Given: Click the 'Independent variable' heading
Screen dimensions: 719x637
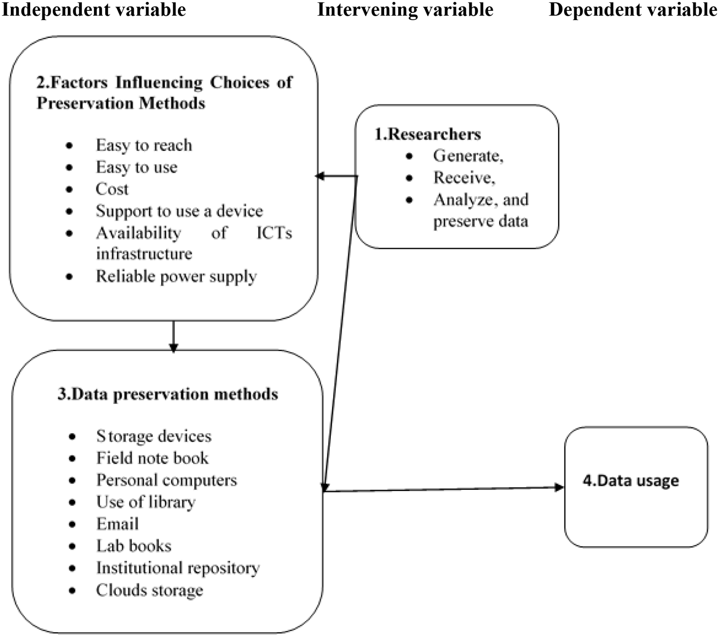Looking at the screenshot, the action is pos(94,10).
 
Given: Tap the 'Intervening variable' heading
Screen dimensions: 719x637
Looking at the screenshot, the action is pos(405,10).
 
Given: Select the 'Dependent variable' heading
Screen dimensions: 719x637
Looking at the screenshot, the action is pos(633,10).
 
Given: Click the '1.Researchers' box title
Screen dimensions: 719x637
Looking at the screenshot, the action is pos(428,134).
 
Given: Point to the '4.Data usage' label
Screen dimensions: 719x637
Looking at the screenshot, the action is pos(630,480).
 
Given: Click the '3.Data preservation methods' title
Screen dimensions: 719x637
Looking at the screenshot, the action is pos(168,394).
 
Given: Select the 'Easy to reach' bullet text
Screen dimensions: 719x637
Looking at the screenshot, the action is pos(144,145).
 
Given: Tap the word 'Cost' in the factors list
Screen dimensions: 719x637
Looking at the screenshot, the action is pos(112,189).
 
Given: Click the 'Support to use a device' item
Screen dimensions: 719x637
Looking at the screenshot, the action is pos(179,211).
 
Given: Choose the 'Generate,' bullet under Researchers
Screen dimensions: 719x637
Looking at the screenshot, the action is pos(468,156).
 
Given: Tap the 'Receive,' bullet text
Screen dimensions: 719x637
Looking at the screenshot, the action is pos(464,178).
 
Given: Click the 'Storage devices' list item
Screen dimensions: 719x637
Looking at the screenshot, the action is pos(154,436).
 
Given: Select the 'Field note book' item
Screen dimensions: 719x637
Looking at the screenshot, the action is pos(152,458).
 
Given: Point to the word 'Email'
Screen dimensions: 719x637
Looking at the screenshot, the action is pos(118,524).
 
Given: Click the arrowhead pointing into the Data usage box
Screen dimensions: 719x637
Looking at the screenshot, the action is pos(559,487).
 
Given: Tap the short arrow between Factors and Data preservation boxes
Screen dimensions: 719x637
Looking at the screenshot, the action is pos(174,337).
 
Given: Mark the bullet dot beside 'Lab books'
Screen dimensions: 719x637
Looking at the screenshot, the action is pos(72,547).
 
